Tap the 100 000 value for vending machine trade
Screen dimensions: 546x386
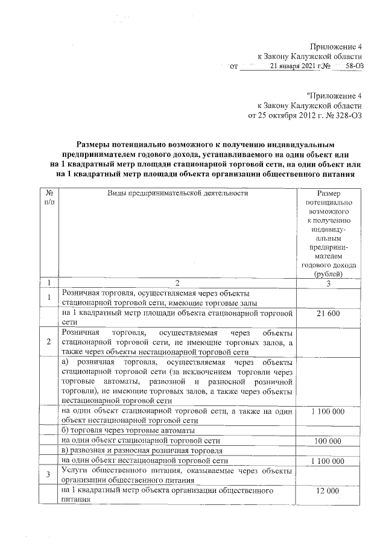tap(327, 442)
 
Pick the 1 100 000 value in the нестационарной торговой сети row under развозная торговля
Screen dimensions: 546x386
tap(327, 461)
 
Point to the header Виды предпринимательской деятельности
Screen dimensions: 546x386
tap(178, 193)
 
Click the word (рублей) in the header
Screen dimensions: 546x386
tap(327, 273)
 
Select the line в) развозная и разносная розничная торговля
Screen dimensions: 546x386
tap(142, 451)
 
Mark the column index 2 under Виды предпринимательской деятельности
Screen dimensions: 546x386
tap(178, 283)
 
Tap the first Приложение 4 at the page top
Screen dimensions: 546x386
tap(336, 46)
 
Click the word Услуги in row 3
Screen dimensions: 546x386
tap(75, 471)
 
